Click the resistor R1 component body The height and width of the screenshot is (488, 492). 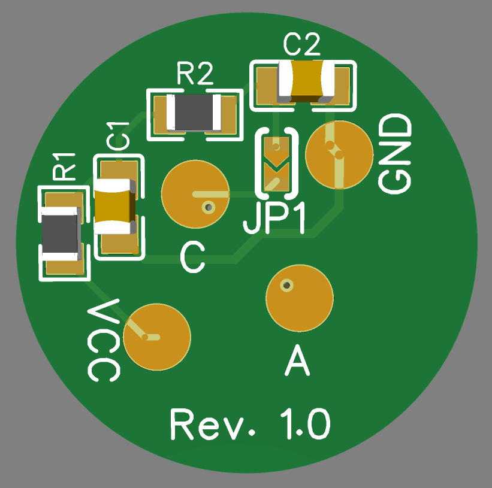61,233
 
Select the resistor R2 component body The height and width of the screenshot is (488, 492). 194,113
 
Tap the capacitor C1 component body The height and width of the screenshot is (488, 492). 114,206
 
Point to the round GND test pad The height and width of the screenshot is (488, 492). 339,154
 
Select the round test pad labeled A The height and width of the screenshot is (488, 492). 299,298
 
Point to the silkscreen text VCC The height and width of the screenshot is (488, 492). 104,340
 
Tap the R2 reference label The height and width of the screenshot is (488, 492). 195,74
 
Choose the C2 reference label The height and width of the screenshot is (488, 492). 302,44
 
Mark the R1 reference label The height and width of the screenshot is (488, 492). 64,166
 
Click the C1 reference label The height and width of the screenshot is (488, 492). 117,136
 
